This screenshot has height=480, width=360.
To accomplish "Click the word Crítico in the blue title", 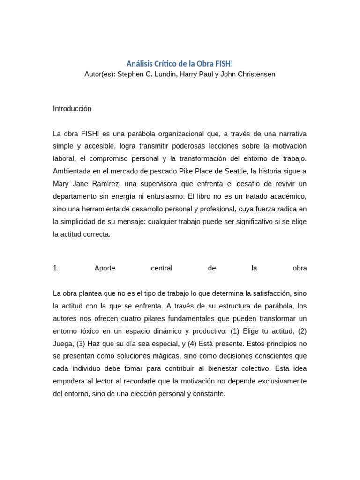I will tap(166, 63).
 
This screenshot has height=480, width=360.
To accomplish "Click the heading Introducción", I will tap(72, 109).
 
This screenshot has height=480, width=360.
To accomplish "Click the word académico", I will tap(286, 197).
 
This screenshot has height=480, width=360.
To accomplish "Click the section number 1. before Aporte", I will tap(56, 269).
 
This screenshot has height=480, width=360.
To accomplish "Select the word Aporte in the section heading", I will tap(105, 269).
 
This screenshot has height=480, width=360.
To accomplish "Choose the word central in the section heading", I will tap(162, 269).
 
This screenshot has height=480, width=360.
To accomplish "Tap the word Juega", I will tap(63, 344).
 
